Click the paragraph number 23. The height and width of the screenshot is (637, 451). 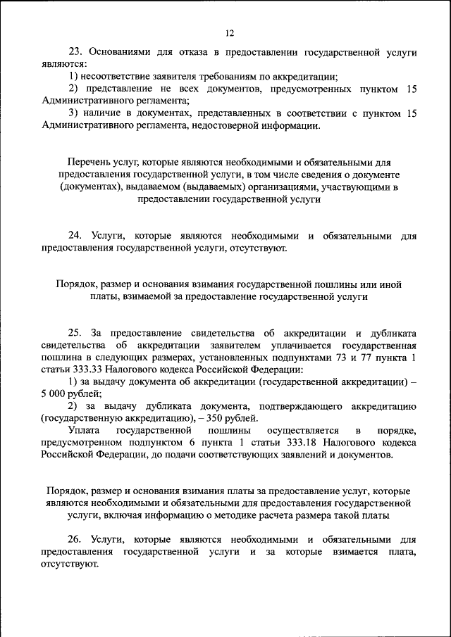coord(75,52)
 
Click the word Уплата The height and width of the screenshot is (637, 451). coord(83,430)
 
